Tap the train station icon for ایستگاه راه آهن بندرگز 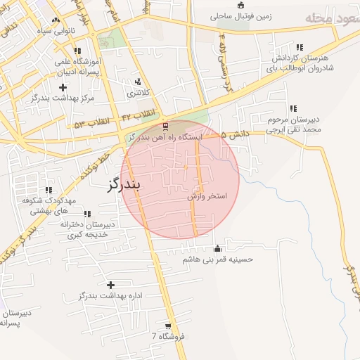click(165, 126)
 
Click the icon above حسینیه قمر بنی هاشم click(217, 248)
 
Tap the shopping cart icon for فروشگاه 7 click(167, 326)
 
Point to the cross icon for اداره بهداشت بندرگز click(110, 285)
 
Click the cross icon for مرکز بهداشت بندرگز click(64, 87)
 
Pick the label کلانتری click(138, 92)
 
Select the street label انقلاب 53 click(92, 122)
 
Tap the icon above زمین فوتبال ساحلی click(240, 4)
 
